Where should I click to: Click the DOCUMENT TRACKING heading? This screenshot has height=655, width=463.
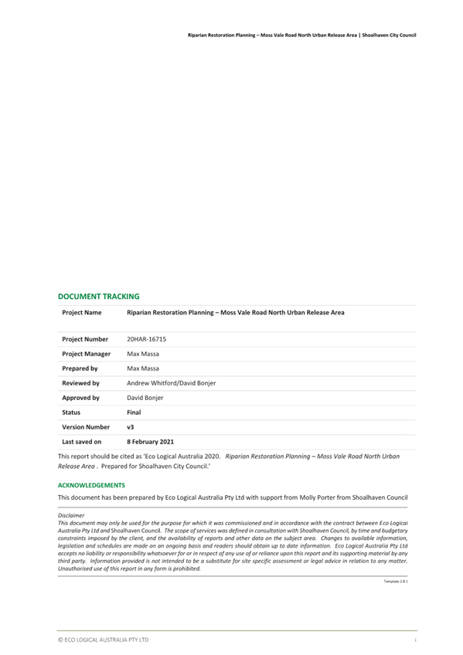tap(99, 296)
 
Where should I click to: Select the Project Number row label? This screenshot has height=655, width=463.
tap(85, 339)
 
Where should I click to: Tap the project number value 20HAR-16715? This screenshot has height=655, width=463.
tap(146, 339)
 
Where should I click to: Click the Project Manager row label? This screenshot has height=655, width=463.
tap(86, 354)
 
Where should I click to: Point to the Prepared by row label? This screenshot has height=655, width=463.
tap(80, 368)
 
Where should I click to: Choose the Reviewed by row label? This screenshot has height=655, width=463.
tap(80, 383)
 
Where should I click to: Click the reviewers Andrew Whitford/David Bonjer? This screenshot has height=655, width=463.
tap(171, 383)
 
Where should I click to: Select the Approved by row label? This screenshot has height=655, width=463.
tap(80, 398)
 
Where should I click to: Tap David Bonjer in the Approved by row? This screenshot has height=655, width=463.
tap(145, 398)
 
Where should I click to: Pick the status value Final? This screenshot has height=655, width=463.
tap(134, 412)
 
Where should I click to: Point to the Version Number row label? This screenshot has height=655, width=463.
tap(86, 427)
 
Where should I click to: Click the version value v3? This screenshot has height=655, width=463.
tap(130, 427)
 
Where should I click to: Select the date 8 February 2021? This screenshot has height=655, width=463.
tap(150, 442)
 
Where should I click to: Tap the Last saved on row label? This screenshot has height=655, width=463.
tap(81, 442)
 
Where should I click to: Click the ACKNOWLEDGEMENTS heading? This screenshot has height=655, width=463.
tap(91, 485)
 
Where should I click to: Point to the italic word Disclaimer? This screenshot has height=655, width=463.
tap(71, 514)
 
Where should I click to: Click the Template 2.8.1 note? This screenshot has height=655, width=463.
tap(395, 580)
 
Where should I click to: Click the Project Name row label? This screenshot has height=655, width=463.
tap(81, 313)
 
